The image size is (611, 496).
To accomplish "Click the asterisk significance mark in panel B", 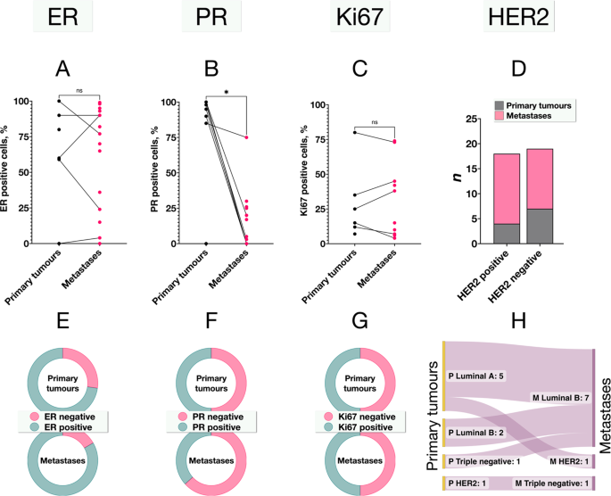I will [227, 92].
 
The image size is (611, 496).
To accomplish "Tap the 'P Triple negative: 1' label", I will [496, 460].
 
